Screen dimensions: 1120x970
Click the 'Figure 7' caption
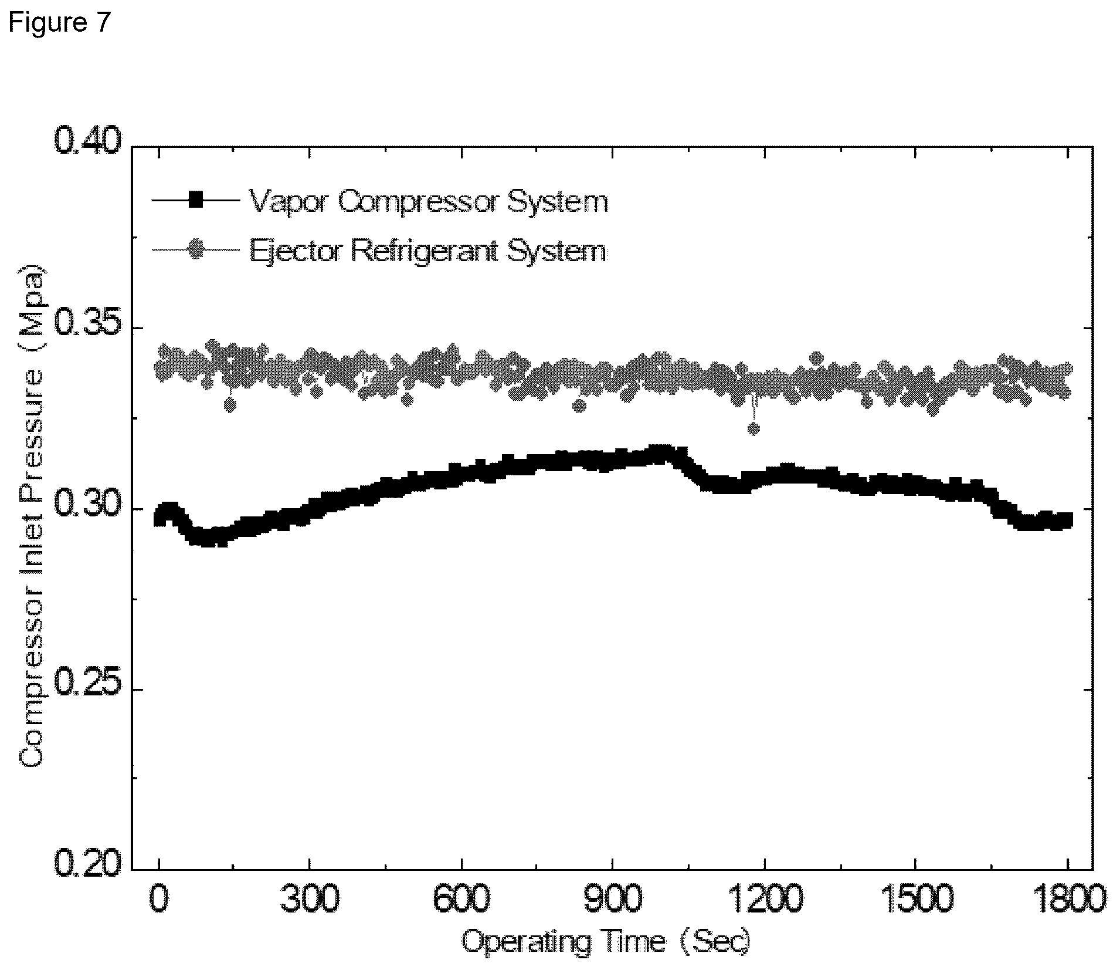[59, 23]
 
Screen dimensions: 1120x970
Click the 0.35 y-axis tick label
[87, 327]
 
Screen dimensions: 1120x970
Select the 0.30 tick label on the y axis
[87, 508]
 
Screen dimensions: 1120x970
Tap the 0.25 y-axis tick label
[87, 689]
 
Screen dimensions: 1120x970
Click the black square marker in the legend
[195, 200]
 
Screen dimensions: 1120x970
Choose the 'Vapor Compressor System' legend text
[429, 202]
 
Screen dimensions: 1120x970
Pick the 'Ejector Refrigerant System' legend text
[428, 251]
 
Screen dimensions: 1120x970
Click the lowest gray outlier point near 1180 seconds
[754, 429]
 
